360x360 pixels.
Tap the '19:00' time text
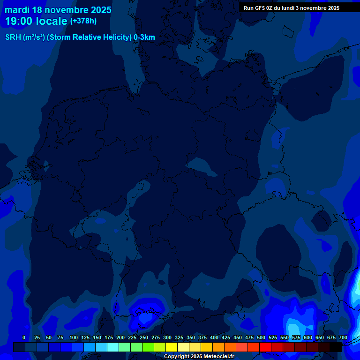[x=19, y=21]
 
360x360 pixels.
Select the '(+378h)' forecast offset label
[x=83, y=21]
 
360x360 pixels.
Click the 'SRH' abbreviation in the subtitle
[x=13, y=37]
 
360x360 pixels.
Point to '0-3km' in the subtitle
[x=144, y=37]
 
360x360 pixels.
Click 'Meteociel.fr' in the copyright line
[x=216, y=357]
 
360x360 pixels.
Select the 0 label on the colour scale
[x=24, y=337]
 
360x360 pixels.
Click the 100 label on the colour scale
[x=74, y=337]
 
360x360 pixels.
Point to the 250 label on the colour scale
[x=144, y=337]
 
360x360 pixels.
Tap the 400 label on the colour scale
[x=214, y=337]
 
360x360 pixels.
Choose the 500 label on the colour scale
[x=261, y=337]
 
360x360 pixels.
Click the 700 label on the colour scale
[x=343, y=337]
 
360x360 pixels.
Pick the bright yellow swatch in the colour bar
[x=172, y=347]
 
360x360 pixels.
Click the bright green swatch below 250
[x=148, y=347]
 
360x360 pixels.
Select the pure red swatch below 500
[x=265, y=347]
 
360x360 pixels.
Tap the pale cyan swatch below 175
[x=113, y=347]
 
